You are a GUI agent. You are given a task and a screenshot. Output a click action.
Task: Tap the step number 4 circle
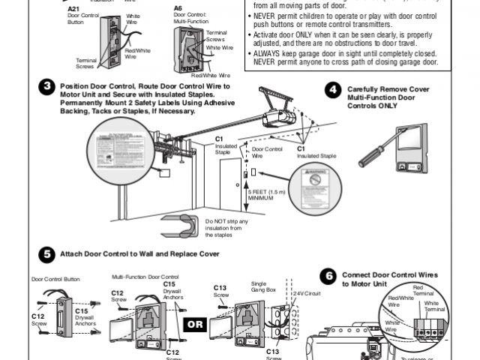tap(332, 89)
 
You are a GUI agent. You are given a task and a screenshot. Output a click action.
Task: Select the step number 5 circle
tap(47, 253)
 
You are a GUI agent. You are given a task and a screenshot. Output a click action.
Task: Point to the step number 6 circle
tap(327, 276)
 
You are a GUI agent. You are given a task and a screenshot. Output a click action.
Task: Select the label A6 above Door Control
tap(178, 8)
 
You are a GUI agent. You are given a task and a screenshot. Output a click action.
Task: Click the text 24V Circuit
tap(307, 292)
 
